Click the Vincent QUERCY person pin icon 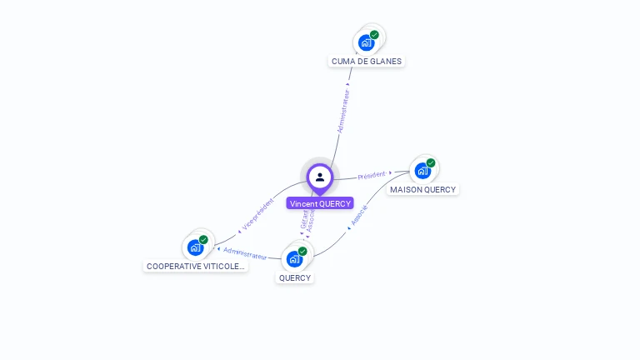(320, 177)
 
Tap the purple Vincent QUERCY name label (320, 203)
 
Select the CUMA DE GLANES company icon (367, 42)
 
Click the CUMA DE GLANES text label (367, 62)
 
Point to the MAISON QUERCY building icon (423, 170)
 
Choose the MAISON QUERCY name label (423, 190)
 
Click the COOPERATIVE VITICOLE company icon (197, 247)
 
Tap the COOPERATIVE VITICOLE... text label (196, 267)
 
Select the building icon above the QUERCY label (295, 257)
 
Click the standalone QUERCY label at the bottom (295, 278)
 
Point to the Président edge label (371, 176)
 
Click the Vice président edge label (257, 213)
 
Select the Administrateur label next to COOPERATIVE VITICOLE (245, 253)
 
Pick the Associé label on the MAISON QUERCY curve (359, 215)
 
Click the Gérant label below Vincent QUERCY (304, 218)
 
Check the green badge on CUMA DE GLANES (375, 35)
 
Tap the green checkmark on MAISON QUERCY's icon (431, 163)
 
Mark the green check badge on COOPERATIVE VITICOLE (203, 240)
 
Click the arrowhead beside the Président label (390, 172)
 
